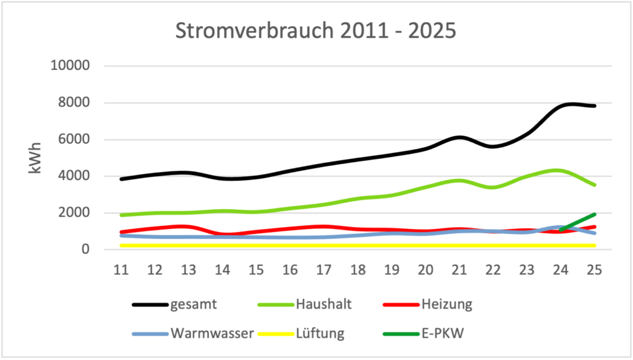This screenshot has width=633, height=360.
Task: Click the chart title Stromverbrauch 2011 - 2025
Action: [x=316, y=32]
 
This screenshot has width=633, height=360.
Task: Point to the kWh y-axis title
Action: [x=35, y=157]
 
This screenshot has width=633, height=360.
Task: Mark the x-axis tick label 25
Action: [x=595, y=270]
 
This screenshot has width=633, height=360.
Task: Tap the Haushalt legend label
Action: [x=325, y=304]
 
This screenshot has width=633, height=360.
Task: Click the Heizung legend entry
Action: [x=447, y=304]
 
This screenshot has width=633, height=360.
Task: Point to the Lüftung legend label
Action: [x=320, y=333]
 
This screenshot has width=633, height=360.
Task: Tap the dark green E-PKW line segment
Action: [x=578, y=222]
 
